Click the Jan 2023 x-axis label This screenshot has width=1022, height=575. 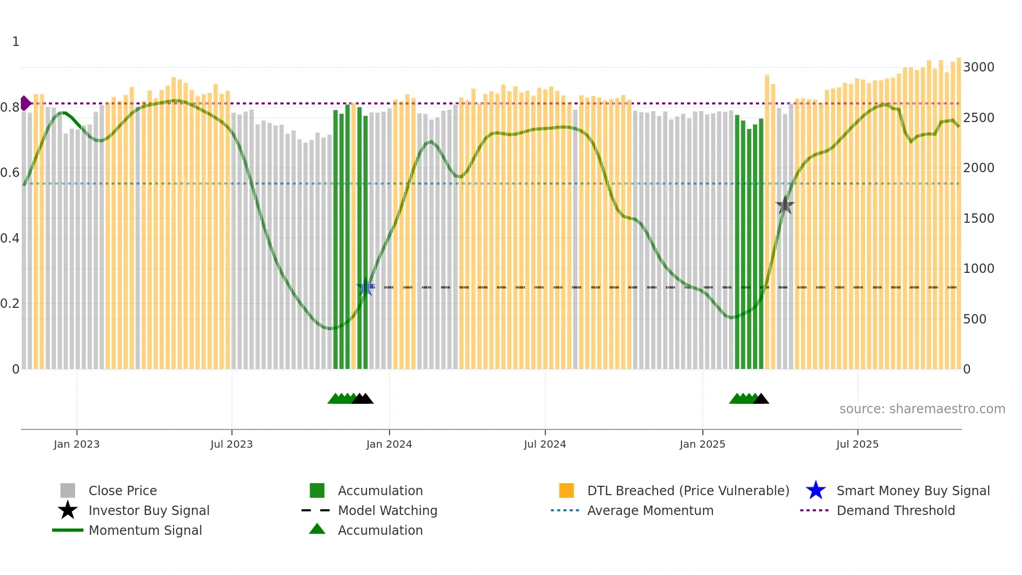pos(76,444)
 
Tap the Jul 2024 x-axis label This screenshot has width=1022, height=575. pos(544,444)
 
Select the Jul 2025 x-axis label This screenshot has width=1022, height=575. pos(857,444)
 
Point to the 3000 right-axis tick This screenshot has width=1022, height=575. pos(978,67)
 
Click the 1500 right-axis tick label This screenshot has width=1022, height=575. pos(978,219)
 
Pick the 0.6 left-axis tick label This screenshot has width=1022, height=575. pos(10,173)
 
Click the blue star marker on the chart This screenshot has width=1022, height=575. pos(365,287)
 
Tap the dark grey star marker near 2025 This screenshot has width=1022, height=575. pos(784,205)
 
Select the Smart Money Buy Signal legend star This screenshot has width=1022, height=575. pos(816,490)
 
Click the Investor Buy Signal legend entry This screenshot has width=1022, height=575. pos(149,510)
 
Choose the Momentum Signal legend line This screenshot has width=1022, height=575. pos(68,530)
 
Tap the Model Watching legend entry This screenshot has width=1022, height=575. pos(387,510)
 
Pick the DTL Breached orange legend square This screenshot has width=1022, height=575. pos(566,490)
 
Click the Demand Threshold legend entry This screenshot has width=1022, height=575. pos(895,510)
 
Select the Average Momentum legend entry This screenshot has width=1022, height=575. pos(650,510)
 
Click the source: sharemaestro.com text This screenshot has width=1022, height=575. pos(922,409)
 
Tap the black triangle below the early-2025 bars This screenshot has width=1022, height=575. pos(761,399)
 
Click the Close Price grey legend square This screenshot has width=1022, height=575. pos(68,490)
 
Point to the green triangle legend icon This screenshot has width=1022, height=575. pos(317,529)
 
